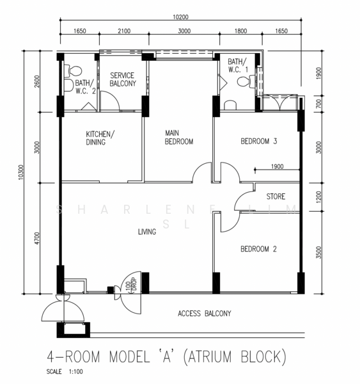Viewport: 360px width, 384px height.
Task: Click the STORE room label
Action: click(276, 196)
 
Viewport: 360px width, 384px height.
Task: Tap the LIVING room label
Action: click(147, 232)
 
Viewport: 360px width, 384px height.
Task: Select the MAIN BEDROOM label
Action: click(179, 138)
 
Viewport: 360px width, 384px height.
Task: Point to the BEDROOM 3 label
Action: click(259, 141)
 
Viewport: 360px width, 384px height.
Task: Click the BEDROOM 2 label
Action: click(258, 249)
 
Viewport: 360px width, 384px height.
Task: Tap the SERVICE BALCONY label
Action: click(123, 79)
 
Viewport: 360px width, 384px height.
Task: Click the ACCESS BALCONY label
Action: click(205, 314)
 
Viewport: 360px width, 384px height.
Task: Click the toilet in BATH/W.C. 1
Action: click(246, 81)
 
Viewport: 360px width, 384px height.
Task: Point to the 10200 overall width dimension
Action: click(180, 17)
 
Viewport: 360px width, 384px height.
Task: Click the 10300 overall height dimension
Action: click(21, 172)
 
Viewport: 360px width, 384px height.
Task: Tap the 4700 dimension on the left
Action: click(36, 238)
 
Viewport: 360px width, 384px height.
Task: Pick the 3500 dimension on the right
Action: click(318, 253)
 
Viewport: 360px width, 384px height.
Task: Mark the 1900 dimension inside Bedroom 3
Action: click(278, 166)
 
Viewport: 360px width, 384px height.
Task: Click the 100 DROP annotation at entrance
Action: click(131, 285)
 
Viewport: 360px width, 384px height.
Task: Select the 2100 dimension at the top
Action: click(124, 31)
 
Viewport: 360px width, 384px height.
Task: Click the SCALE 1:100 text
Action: click(65, 371)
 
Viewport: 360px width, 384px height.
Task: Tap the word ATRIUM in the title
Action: click(210, 356)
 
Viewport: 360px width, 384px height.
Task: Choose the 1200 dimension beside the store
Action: click(318, 197)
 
